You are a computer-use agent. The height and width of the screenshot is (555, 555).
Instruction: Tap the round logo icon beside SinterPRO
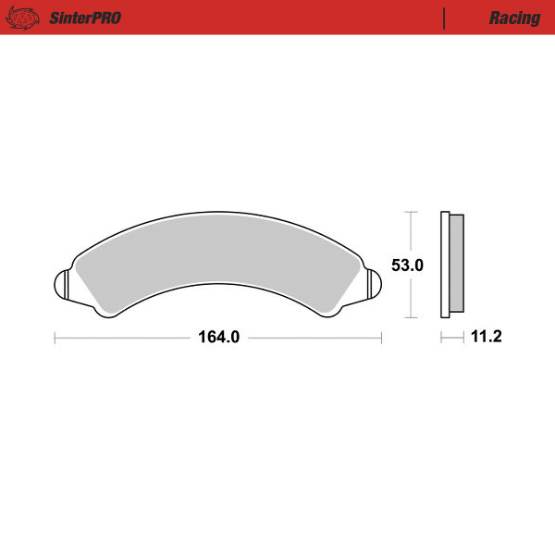(27, 18)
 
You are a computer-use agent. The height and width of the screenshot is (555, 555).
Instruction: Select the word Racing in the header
(514, 18)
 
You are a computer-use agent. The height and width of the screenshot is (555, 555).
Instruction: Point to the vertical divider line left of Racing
(445, 18)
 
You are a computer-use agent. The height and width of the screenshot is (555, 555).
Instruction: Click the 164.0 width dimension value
(218, 338)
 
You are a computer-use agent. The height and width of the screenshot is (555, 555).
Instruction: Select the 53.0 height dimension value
(408, 265)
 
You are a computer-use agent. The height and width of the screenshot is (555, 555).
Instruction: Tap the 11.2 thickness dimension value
(486, 338)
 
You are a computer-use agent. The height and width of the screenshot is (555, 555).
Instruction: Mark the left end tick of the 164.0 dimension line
(55, 338)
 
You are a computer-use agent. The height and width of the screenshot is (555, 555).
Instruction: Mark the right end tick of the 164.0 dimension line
(382, 338)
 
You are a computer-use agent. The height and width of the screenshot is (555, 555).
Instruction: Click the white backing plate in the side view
(445, 265)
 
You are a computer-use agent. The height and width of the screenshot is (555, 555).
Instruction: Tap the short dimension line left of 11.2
(451, 338)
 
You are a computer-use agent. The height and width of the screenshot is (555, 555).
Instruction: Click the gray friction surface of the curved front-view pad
(218, 250)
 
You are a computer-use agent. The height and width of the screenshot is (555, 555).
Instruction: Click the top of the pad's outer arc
(218, 209)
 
